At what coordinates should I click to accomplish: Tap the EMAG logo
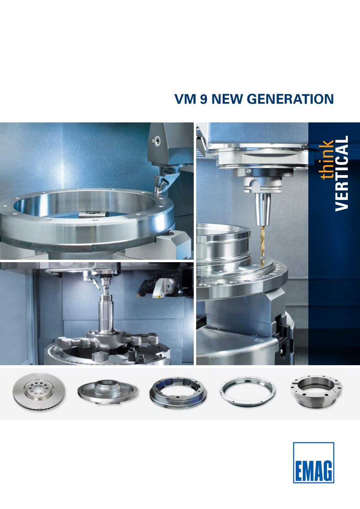tap(313, 462)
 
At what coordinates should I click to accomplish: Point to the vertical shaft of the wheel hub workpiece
tap(106, 311)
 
